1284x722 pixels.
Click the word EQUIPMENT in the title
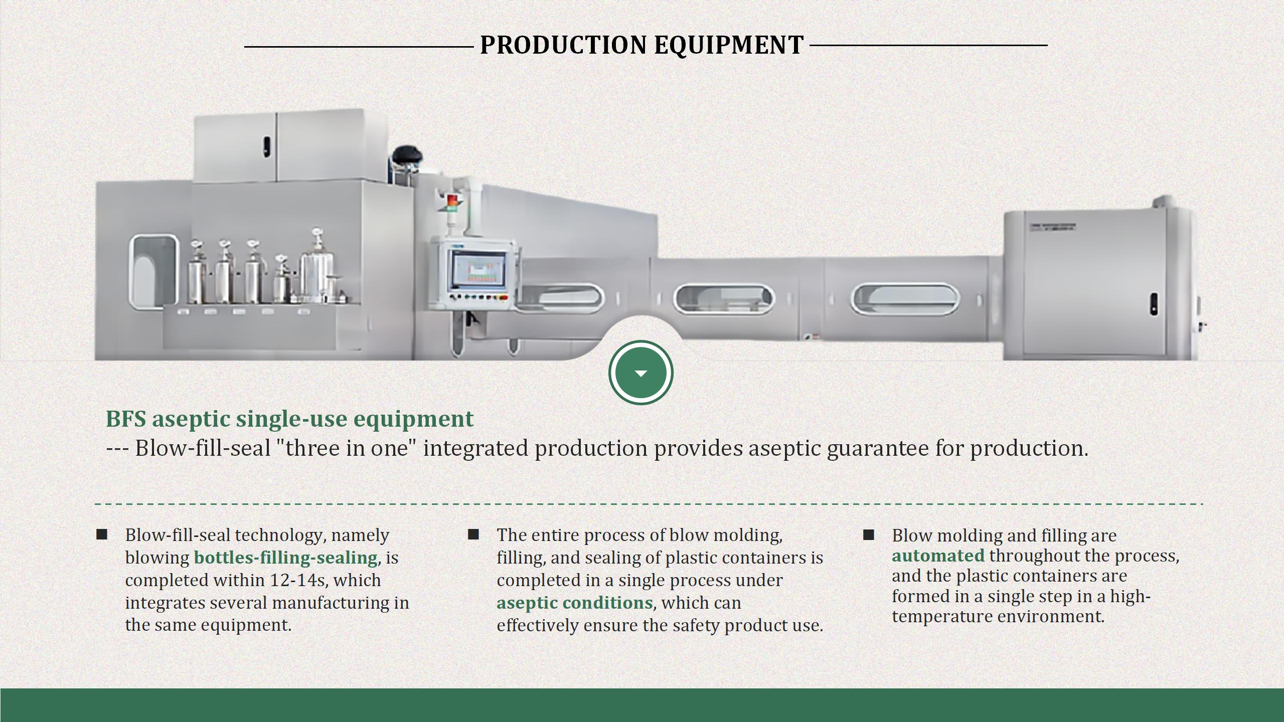729,45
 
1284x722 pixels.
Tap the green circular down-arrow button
641,373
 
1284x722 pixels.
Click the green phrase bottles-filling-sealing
286,558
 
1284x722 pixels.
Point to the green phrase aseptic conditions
575,603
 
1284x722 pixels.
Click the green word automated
938,556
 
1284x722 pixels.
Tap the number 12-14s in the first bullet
297,580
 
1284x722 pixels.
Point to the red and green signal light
452,203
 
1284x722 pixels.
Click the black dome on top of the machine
407,154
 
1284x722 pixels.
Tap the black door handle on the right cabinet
1154,304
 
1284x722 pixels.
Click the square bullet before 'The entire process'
473,534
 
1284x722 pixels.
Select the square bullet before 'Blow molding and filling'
868,535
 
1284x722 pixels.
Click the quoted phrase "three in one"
348,448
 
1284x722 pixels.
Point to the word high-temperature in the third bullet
1021,606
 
